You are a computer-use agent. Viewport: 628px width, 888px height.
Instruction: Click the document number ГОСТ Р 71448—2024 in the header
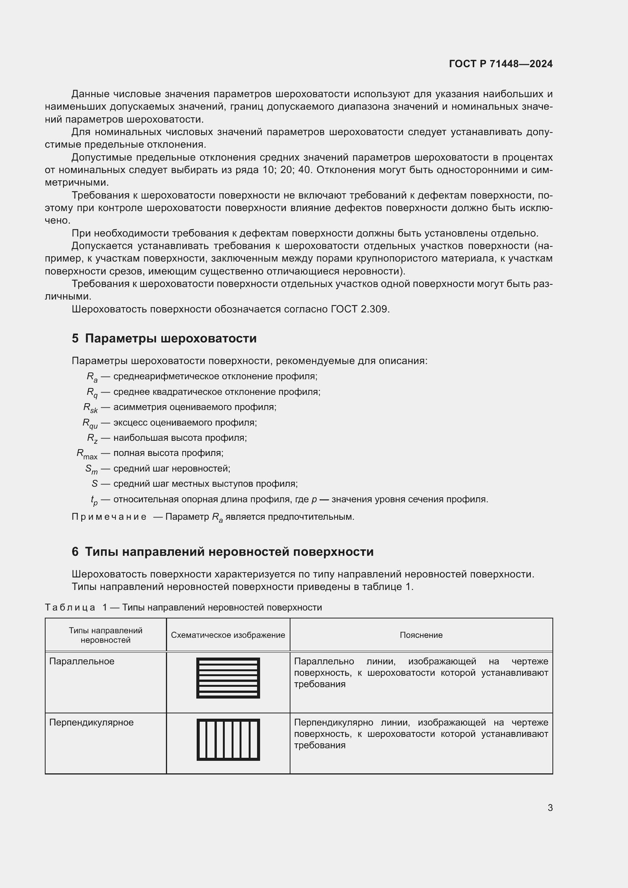pyautogui.click(x=501, y=64)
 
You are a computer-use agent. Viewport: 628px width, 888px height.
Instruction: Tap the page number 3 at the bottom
pyautogui.click(x=550, y=808)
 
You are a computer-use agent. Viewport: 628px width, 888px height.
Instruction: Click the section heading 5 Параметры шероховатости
pyautogui.click(x=164, y=338)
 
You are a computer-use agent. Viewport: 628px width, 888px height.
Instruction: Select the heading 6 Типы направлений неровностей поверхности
pyautogui.click(x=222, y=552)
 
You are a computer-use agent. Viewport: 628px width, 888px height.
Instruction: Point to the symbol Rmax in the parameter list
pyautogui.click(x=87, y=454)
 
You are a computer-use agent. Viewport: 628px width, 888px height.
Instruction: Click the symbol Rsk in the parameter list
pyautogui.click(x=90, y=408)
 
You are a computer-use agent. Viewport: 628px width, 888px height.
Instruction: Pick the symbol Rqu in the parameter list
pyautogui.click(x=90, y=423)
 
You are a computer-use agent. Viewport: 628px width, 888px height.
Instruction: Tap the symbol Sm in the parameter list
pyautogui.click(x=92, y=469)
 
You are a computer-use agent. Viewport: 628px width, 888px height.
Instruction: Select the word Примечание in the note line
pyautogui.click(x=109, y=517)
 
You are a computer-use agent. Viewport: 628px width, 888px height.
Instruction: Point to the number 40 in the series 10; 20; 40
pyautogui.click(x=305, y=170)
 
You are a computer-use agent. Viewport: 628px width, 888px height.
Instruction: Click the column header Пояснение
pyautogui.click(x=421, y=635)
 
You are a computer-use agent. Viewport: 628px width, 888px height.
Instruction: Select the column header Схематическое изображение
pyautogui.click(x=228, y=635)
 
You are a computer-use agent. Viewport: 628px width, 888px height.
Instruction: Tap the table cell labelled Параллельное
pyautogui.click(x=82, y=661)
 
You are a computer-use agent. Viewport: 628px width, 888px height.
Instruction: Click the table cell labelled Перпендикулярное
pyautogui.click(x=91, y=722)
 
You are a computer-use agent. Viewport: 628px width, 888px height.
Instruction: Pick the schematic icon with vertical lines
pyautogui.click(x=228, y=740)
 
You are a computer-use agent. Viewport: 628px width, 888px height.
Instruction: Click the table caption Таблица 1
pyautogui.click(x=76, y=607)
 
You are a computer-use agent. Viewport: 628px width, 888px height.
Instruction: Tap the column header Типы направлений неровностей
pyautogui.click(x=106, y=635)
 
